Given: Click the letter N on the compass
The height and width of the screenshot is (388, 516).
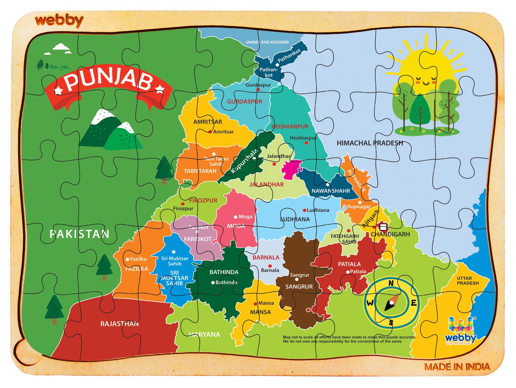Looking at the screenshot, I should click(391, 283).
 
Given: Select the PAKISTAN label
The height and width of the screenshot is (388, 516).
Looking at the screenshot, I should click(79, 234).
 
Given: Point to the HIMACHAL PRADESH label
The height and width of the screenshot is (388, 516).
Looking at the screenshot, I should click(369, 143).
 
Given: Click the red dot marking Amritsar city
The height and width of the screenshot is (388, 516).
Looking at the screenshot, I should click(210, 132).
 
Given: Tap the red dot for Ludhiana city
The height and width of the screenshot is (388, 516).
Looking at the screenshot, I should click(304, 210).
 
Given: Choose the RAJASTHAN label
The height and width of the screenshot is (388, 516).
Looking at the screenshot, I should click(119, 324).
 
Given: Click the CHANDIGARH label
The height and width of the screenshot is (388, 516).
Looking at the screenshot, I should click(390, 234).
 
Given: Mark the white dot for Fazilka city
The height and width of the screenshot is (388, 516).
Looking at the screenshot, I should click(128, 259).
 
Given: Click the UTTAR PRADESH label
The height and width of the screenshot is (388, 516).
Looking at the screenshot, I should click(467, 281).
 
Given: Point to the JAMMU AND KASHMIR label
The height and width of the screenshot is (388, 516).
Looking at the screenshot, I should click(267, 42).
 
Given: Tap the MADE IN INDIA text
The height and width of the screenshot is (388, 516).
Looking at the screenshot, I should click(457, 367).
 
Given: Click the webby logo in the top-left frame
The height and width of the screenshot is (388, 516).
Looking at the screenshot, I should click(59, 21).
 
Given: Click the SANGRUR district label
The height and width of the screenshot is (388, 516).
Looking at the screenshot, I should click(299, 287).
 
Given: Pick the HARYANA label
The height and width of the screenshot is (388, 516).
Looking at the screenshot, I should click(204, 334).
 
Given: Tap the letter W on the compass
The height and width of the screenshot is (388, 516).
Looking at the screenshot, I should click(370, 303).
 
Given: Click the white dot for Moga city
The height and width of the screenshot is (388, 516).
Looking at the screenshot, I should click(236, 217).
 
